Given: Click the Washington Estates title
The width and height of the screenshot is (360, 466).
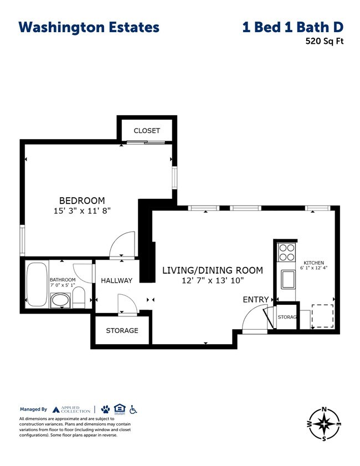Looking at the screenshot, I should (x=89, y=27).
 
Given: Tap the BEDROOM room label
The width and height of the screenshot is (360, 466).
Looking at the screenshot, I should (x=82, y=200).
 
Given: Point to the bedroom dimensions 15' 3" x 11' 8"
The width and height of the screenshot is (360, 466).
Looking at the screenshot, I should (x=82, y=211).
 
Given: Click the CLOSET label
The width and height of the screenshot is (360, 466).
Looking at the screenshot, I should (x=147, y=131).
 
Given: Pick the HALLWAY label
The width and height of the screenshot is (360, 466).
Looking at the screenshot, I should (x=116, y=280).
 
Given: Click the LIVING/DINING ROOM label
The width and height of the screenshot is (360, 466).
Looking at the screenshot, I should (x=212, y=270).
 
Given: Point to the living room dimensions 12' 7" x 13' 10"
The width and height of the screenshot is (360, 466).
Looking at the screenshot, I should (x=212, y=281).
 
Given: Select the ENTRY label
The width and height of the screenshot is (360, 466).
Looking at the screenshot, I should (x=255, y=300).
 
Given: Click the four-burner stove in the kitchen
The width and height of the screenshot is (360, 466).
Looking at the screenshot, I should (x=286, y=253).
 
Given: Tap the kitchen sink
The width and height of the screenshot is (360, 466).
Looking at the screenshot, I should (x=287, y=279).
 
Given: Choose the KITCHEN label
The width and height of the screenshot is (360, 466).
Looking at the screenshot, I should (x=313, y=263).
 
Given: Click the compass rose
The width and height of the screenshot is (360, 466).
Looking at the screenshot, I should (x=325, y=423).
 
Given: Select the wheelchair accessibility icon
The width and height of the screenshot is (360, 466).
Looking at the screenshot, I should (x=133, y=409).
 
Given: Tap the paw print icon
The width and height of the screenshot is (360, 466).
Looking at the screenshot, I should (x=105, y=409).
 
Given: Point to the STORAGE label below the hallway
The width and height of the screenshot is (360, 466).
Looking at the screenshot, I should (x=122, y=330).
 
